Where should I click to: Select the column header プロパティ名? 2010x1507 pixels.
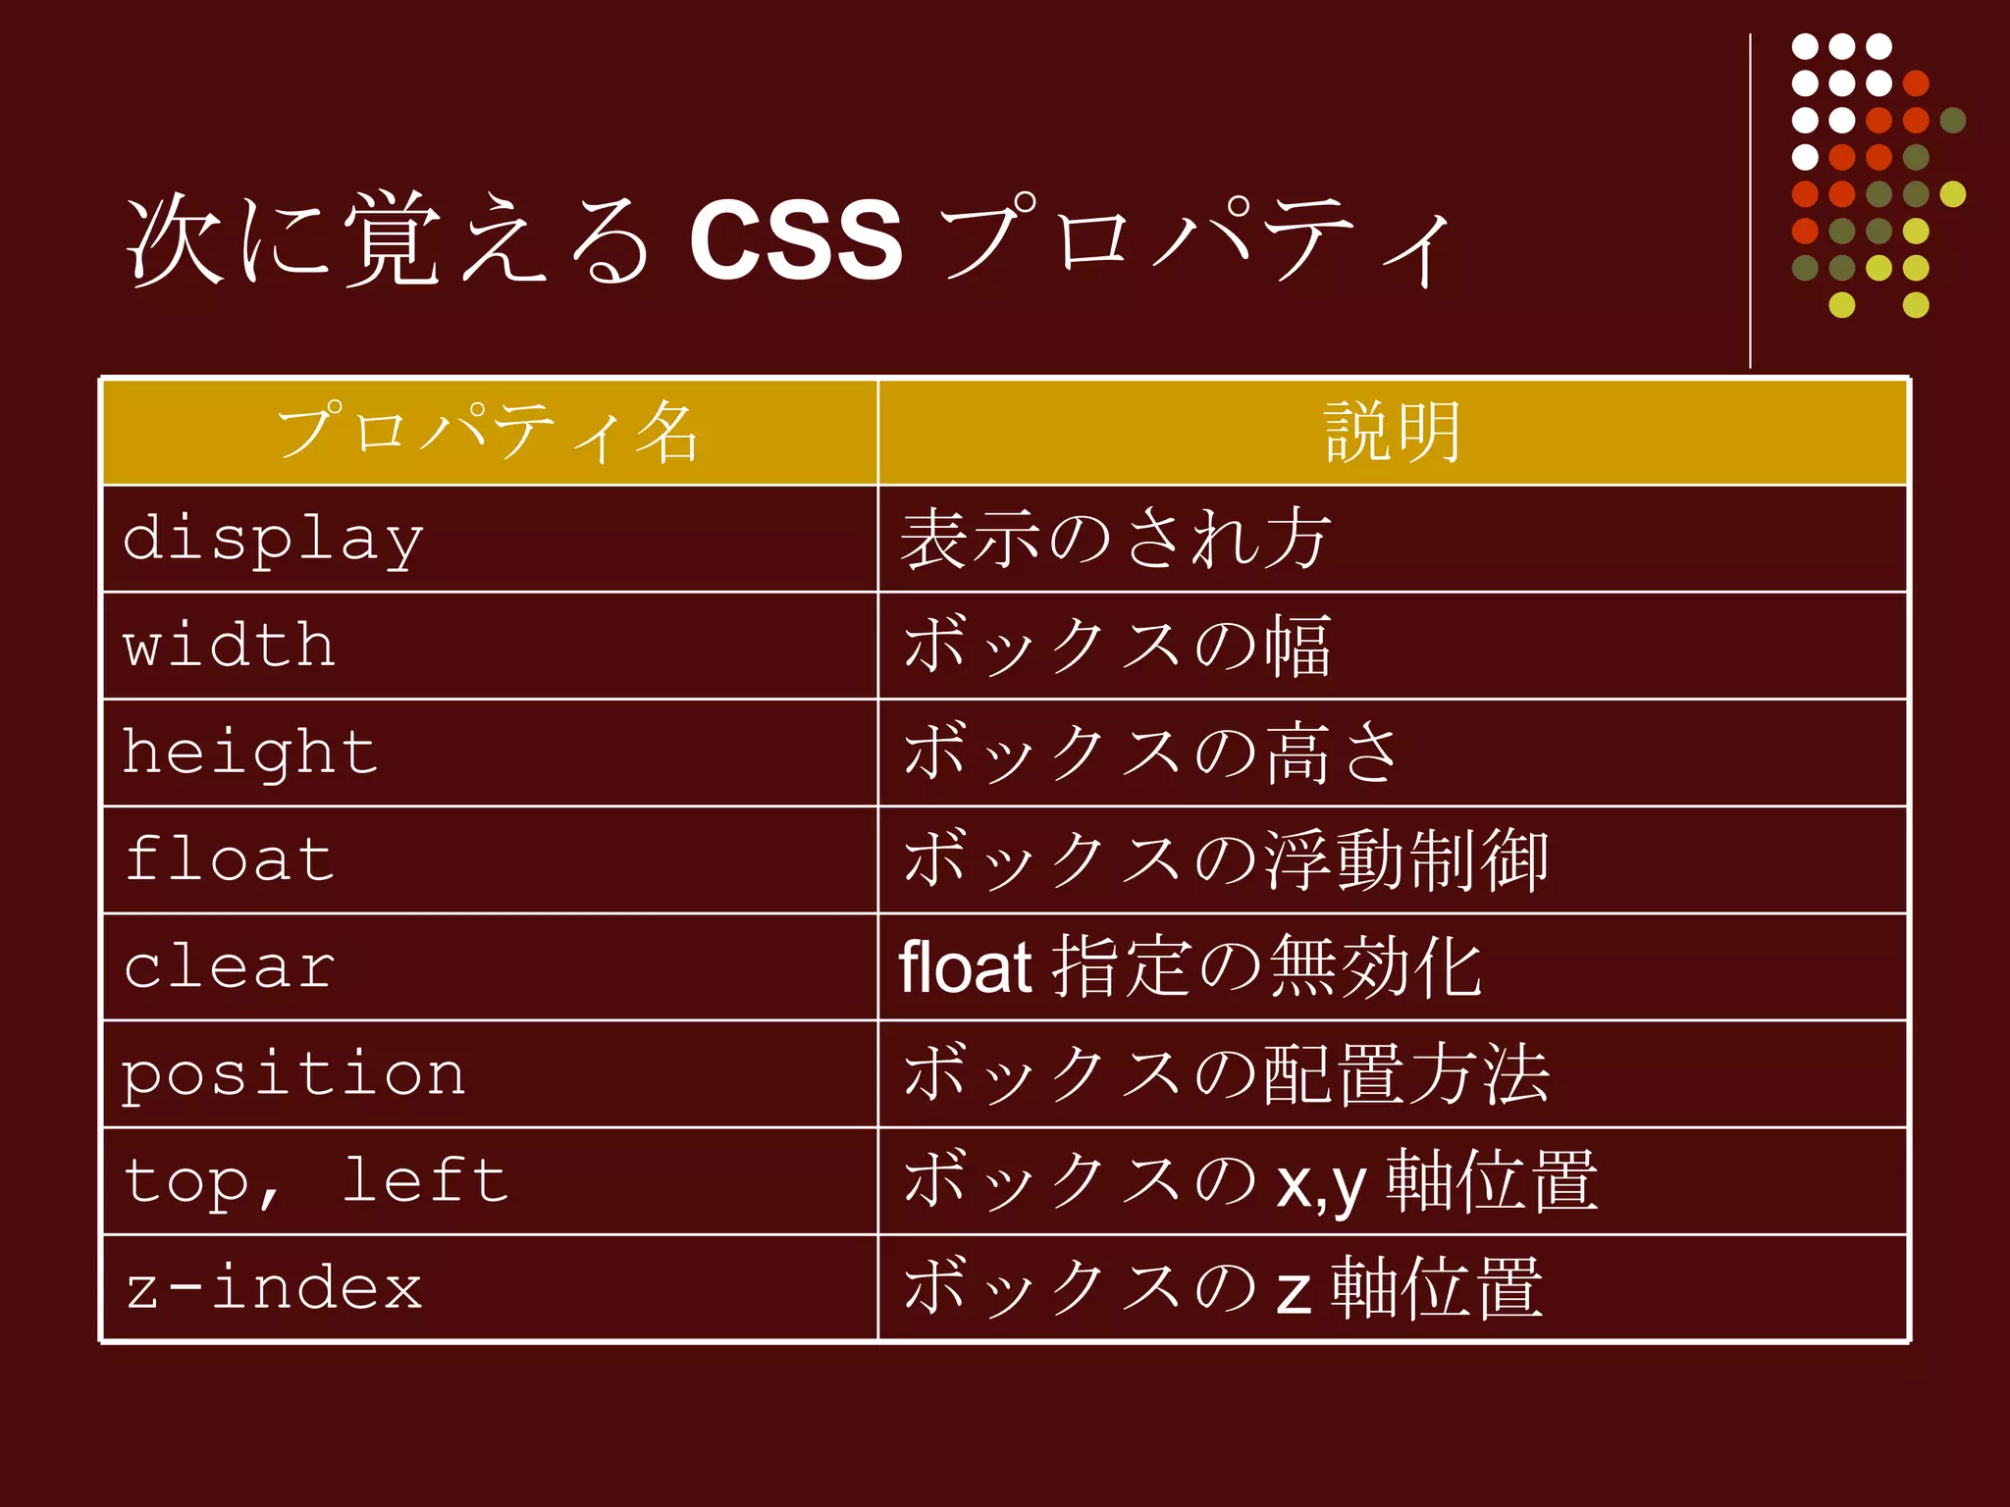click(488, 433)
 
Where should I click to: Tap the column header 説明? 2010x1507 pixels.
click(1392, 433)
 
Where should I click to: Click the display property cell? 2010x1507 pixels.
click(273, 540)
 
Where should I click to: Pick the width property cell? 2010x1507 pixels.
click(230, 646)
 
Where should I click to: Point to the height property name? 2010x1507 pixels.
click(250, 753)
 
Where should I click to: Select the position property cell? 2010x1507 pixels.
click(293, 1074)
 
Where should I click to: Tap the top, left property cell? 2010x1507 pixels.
click(315, 1181)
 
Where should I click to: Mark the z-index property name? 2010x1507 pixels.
click(274, 1288)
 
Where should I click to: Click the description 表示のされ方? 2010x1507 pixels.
click(1115, 540)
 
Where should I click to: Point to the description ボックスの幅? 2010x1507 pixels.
click(1117, 647)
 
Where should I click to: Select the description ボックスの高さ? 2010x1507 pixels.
click(1150, 753)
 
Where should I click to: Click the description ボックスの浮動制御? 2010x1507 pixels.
click(1225, 860)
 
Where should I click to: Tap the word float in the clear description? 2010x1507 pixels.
click(965, 967)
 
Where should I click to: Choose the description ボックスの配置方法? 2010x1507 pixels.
click(1225, 1074)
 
